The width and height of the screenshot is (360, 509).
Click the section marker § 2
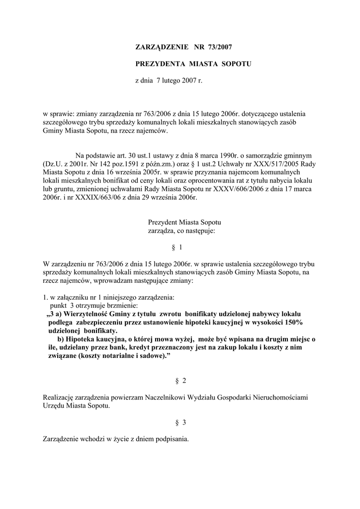[180, 381]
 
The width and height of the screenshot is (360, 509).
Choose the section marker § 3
[180, 423]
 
